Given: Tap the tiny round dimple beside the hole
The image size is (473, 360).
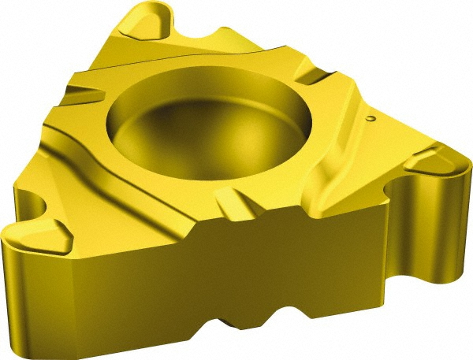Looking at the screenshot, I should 371,119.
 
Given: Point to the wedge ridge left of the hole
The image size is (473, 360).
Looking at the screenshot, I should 83,95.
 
